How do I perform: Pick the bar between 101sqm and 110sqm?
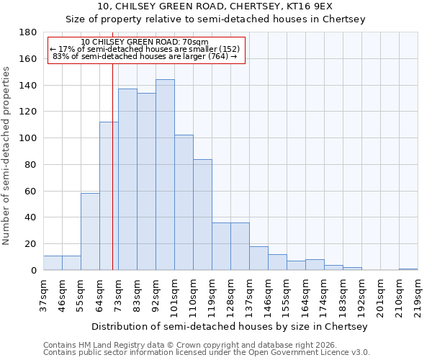pyautogui.click(x=184, y=202)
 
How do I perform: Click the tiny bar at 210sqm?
pyautogui.click(x=408, y=269)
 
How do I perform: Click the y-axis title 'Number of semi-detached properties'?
pyautogui.click(x=7, y=155)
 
